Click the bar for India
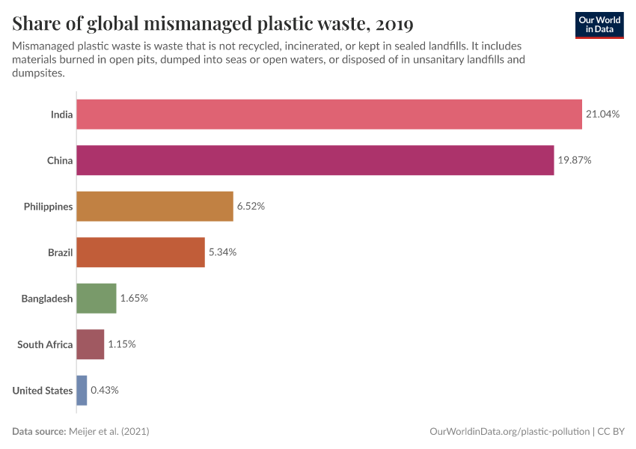tap(329, 114)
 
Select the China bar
tap(315, 160)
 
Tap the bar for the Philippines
tap(155, 207)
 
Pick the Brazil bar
tap(141, 252)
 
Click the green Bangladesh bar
tap(97, 298)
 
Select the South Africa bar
tap(91, 344)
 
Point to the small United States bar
tap(82, 390)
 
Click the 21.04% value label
tap(603, 114)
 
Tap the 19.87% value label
tap(575, 160)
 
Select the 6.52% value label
tap(251, 207)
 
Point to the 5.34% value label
tap(222, 252)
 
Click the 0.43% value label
tap(105, 390)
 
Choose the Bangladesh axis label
tap(47, 299)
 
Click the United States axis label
tap(43, 391)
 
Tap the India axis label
tap(61, 114)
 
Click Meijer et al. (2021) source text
tap(113, 432)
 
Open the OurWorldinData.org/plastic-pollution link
tap(510, 432)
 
